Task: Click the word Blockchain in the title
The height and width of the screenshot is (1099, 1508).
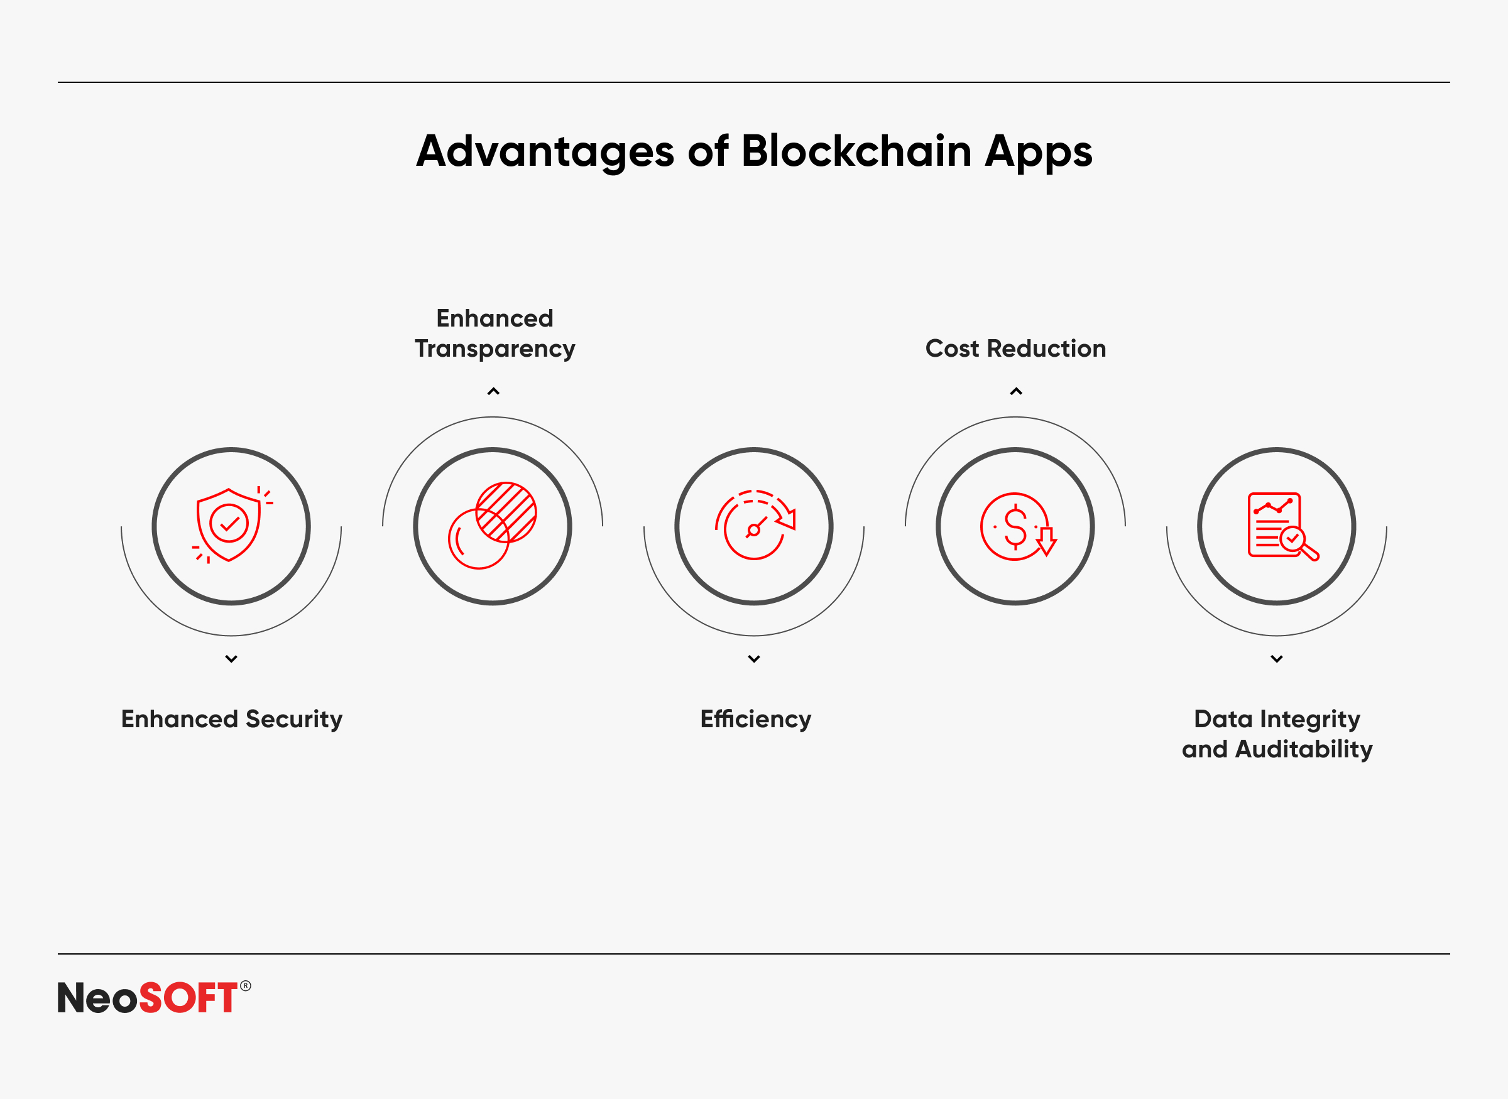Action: (856, 151)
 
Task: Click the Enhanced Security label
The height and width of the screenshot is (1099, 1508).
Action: (232, 720)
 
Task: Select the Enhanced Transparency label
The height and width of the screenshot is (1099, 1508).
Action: (494, 333)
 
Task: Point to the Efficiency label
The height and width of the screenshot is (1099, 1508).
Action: (755, 720)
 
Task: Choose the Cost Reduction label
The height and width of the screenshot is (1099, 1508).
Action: (1015, 349)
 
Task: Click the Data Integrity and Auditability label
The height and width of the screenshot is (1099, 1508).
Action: (1277, 734)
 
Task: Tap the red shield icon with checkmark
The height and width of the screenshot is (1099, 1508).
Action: (231, 526)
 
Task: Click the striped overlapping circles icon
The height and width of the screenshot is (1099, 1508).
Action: (493, 526)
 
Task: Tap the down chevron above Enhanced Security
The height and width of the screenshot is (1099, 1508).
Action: (231, 659)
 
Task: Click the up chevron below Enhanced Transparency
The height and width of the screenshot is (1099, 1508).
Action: (493, 391)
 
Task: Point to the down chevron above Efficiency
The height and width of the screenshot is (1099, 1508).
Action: (754, 659)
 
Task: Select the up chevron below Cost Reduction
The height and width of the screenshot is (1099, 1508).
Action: (1016, 391)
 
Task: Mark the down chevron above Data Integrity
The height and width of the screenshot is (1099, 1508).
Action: (1276, 659)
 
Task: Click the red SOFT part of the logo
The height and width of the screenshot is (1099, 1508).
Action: (188, 998)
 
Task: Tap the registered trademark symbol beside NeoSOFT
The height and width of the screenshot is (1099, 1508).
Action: (246, 986)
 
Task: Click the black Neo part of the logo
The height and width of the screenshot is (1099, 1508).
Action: (98, 998)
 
